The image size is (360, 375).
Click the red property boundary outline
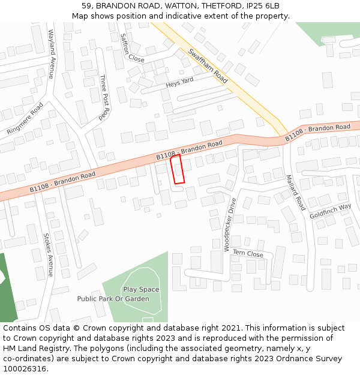pos(178,169)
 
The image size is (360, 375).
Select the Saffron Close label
pos(132,48)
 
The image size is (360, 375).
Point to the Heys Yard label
pos(180,82)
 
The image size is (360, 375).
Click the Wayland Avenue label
pos(51,54)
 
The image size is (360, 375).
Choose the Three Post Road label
pos(104,96)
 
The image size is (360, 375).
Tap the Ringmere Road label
pos(25,118)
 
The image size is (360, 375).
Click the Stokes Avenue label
pos(49,254)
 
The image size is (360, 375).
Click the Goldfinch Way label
pos(330,211)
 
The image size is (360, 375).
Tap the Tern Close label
pos(248,254)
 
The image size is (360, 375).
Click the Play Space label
pos(141,289)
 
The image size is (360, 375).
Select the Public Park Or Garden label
pos(113,299)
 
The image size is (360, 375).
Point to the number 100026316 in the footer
pos(25,369)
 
